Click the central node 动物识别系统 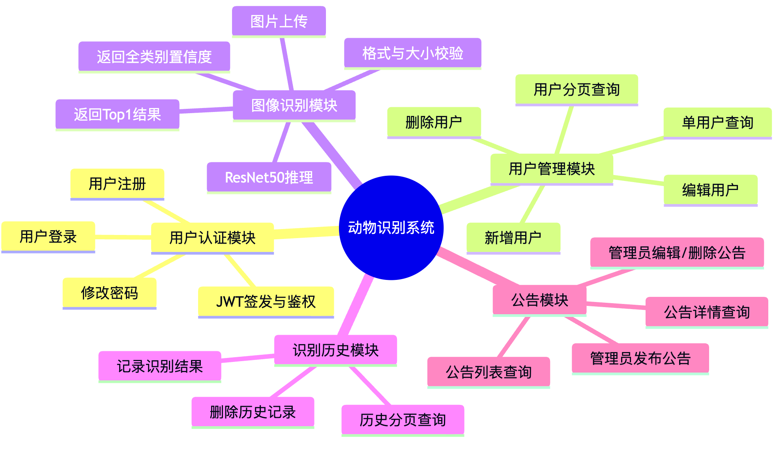391,227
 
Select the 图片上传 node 279,21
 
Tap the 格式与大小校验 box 412,53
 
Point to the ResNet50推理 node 269,177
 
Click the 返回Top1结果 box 117,114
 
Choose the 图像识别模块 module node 294,105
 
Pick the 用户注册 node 117,184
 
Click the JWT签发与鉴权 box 266,302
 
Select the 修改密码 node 109,293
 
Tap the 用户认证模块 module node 212,238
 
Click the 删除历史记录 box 253,412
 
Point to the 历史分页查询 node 402,420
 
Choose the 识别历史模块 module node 335,350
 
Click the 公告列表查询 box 489,372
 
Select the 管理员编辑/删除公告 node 677,252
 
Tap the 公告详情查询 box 707,312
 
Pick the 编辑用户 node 710,190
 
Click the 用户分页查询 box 577,89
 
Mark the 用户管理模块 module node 552,169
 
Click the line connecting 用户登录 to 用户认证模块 123,237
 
